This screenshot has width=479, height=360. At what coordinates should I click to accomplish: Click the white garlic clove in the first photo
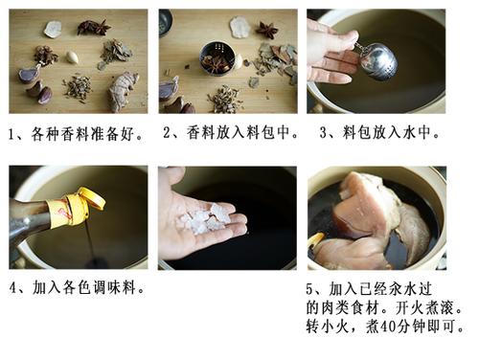tap(72, 57)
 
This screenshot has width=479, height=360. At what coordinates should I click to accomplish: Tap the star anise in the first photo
tap(94, 28)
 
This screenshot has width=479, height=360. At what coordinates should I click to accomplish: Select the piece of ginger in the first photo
tap(123, 90)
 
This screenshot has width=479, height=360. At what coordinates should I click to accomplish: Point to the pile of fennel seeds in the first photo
tap(78, 87)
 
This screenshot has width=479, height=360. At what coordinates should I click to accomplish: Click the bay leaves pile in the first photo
tap(116, 53)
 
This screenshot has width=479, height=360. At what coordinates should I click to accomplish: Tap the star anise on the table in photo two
tap(267, 30)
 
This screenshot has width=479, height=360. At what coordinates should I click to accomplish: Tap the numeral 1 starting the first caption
tap(11, 134)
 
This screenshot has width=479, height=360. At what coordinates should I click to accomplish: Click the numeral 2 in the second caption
tap(167, 132)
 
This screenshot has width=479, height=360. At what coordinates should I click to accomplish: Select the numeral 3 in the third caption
tap(324, 132)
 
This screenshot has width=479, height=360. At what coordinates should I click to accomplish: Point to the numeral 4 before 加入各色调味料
tap(12, 288)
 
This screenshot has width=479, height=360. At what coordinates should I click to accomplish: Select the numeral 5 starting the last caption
tap(309, 289)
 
